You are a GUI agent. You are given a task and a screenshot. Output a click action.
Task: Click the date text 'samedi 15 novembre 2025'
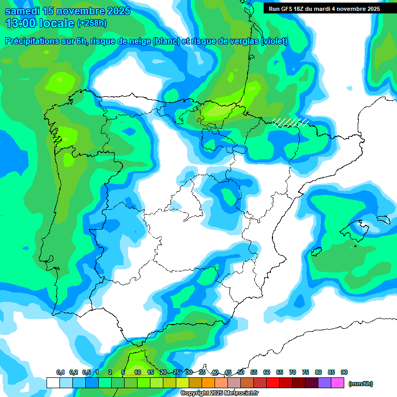[x=67, y=11]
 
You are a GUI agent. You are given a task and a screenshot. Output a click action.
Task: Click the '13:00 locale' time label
[x=40, y=23]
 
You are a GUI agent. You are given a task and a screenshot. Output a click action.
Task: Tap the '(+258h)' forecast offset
[x=91, y=23]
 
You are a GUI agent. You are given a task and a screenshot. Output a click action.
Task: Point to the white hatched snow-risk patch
[x=291, y=122]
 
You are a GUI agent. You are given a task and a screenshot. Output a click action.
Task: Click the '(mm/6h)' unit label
[x=360, y=384]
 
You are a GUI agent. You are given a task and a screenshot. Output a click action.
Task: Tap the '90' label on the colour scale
[x=344, y=372]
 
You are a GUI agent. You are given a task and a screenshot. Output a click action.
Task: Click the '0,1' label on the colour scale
[x=60, y=372]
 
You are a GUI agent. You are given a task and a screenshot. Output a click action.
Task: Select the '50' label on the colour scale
[x=241, y=372]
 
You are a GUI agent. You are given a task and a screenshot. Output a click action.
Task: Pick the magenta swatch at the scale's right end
[x=338, y=383]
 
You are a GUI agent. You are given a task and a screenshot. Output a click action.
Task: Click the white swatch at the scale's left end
[x=53, y=383]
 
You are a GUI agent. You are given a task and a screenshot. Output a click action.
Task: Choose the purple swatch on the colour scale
[x=325, y=383]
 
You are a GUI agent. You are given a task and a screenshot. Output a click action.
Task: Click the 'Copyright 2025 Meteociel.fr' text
[x=220, y=393]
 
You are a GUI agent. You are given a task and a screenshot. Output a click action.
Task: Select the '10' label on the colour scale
[x=138, y=372]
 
